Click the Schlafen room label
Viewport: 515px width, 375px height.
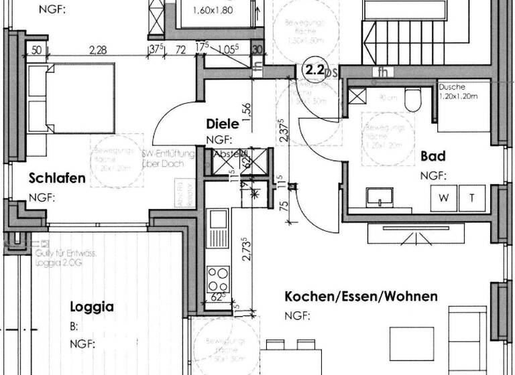coord(57,178)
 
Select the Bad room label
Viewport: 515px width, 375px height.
coord(433,156)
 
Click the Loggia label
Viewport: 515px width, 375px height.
coord(92,307)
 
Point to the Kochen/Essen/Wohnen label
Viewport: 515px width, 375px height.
coord(361,296)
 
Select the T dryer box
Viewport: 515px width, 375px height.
coord(472,198)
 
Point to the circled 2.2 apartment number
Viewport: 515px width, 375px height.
coord(314,68)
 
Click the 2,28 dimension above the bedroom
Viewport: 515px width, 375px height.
coord(97,48)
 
